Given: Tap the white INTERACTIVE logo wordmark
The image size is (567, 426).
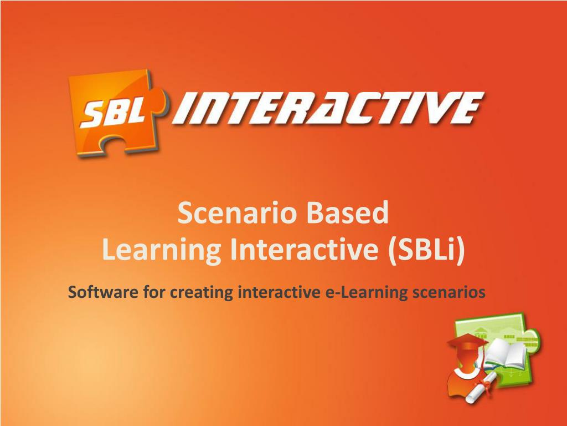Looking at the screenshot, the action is (328, 108).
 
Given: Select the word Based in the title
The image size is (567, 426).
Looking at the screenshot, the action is (348, 213).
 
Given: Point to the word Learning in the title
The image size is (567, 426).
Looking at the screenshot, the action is (162, 250).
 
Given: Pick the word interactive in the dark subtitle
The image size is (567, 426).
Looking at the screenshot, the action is (279, 292).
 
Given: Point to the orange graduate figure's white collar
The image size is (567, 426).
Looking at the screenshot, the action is (463, 373).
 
